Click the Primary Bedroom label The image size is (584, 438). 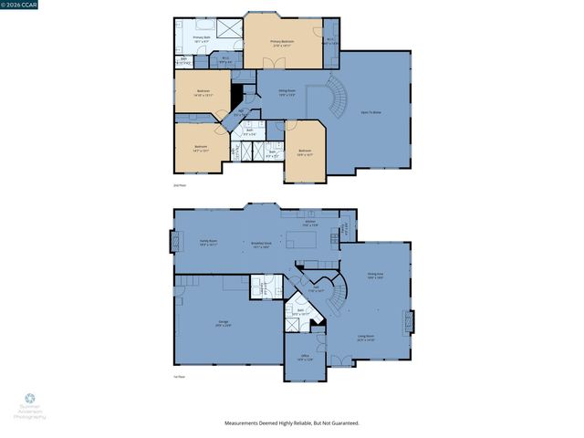point(282,43)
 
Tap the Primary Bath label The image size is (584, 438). point(202,39)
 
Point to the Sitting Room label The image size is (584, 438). point(287,92)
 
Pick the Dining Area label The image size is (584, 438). point(374,275)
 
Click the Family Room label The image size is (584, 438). point(208,244)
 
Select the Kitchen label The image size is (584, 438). point(310,223)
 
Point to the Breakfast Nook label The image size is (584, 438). point(263,245)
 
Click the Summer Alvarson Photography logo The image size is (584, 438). point(29,405)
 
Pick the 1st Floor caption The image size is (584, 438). point(180,377)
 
